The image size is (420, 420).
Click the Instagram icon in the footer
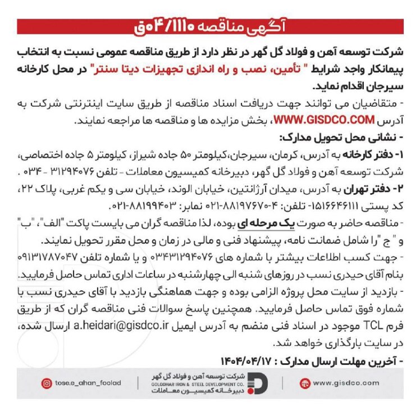pos(47,384)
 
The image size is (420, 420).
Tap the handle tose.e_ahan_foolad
pos(88,384)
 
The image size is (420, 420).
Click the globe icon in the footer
pos(305,384)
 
